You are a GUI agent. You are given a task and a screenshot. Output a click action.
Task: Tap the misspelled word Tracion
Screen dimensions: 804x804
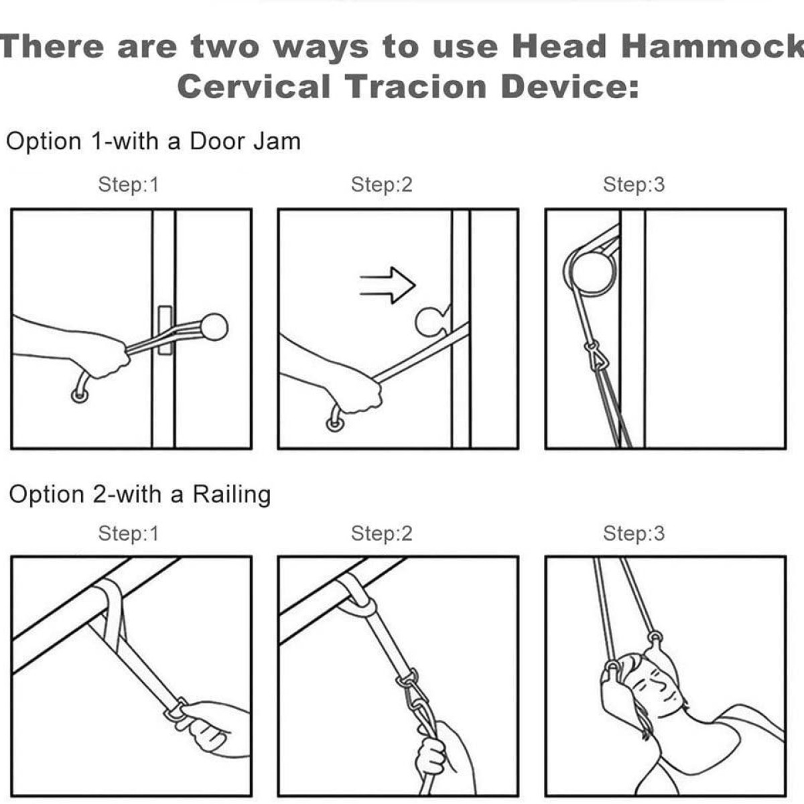(x=417, y=86)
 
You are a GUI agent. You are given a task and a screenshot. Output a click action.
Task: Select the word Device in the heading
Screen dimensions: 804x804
(x=570, y=86)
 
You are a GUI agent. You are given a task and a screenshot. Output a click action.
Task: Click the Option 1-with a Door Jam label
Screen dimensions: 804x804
(x=153, y=141)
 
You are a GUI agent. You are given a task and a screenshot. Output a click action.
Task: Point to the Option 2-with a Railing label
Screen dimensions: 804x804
(x=140, y=494)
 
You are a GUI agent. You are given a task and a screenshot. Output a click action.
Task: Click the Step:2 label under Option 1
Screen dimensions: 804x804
(x=381, y=184)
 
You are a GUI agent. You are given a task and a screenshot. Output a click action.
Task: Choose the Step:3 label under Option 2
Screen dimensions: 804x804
(x=634, y=533)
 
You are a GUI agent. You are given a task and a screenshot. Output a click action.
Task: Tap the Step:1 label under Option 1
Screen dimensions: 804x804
(x=129, y=184)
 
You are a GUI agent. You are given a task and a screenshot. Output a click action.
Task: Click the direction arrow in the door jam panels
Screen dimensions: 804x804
(x=388, y=285)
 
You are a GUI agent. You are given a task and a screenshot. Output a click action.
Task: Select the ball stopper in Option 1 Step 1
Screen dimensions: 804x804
(x=214, y=327)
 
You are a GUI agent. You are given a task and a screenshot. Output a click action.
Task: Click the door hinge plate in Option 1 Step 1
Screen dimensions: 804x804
(x=165, y=330)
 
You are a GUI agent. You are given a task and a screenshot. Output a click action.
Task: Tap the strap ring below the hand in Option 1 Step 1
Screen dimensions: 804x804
(x=79, y=395)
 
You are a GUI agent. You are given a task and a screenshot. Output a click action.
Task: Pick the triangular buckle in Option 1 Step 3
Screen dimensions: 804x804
(x=594, y=356)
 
